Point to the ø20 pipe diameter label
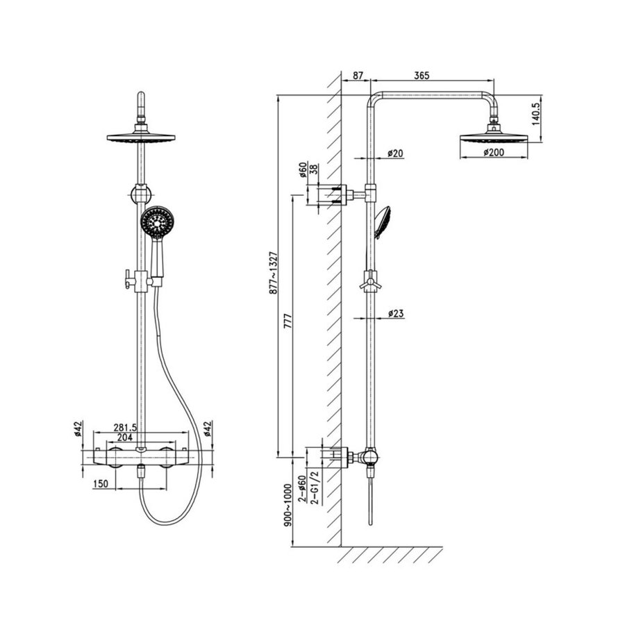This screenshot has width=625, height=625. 395,153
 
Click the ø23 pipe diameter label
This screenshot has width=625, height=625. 396,313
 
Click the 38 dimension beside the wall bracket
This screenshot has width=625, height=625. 313,169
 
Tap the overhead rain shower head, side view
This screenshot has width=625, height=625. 492,135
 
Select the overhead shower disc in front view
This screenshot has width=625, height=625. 141,136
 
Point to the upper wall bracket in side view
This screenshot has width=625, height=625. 335,194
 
